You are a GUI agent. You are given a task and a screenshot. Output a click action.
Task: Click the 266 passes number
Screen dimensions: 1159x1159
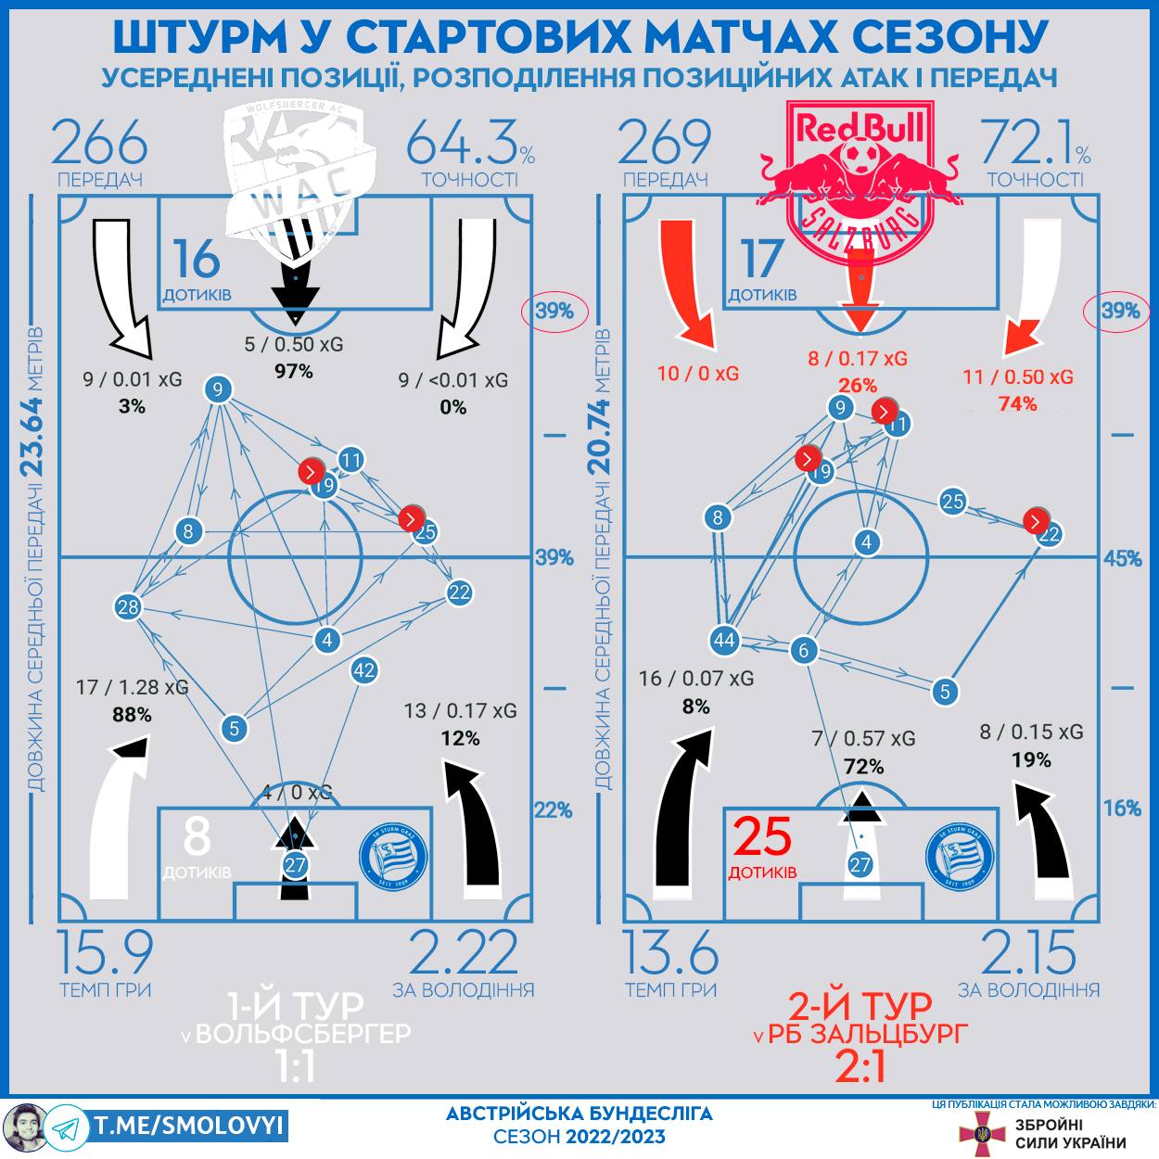(x=99, y=143)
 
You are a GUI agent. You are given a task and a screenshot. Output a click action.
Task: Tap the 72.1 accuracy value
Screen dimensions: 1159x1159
(x=1027, y=143)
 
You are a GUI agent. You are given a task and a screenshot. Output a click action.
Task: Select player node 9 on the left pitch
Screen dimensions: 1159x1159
(x=217, y=389)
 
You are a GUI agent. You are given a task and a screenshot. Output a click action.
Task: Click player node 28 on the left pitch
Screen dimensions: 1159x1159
(x=128, y=607)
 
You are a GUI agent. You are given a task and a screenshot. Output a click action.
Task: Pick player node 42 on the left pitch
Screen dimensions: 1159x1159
(x=364, y=670)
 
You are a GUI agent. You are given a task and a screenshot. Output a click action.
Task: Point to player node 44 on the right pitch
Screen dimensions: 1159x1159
(x=724, y=640)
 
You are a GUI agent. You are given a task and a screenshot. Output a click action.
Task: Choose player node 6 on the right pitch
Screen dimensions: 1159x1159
(x=804, y=650)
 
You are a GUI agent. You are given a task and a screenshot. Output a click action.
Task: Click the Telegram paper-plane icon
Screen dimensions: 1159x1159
(x=65, y=1128)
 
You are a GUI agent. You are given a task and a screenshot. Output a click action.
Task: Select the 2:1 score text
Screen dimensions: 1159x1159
(x=860, y=1066)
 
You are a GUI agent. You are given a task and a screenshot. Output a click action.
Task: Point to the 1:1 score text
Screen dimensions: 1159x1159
(x=296, y=1067)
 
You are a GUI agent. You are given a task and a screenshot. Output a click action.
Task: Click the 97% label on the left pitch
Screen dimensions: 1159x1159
(x=294, y=372)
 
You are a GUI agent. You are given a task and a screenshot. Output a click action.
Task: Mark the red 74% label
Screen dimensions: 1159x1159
(x=1017, y=404)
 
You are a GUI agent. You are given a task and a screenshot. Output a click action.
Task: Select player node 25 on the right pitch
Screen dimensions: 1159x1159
(x=953, y=502)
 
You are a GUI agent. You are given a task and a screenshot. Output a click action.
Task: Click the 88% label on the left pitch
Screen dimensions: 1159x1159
(x=132, y=715)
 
